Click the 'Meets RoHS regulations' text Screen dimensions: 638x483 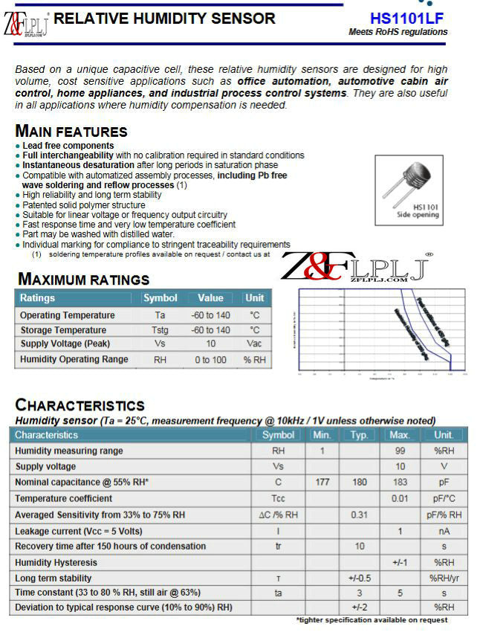(x=398, y=32)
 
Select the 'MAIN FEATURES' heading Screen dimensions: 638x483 (x=71, y=132)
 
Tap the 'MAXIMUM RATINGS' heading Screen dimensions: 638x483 (x=83, y=280)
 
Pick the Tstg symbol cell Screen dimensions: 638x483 (x=160, y=330)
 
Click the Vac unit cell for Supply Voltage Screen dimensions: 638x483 (x=254, y=344)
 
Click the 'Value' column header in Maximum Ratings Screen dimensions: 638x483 (x=210, y=298)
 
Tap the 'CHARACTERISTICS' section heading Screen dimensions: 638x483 (x=80, y=405)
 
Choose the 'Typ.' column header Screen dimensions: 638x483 (x=359, y=435)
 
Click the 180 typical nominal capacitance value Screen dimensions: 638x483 (x=359, y=483)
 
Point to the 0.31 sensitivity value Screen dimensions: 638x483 (x=359, y=515)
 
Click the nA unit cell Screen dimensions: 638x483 (x=444, y=531)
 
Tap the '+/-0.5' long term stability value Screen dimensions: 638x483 (x=359, y=579)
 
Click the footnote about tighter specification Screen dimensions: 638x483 (x=372, y=620)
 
